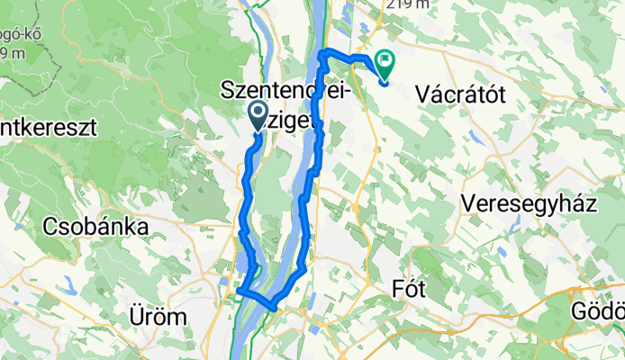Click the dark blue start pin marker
pyautogui.click(x=257, y=115)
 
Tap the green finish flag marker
pyautogui.click(x=385, y=64)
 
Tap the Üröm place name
pyautogui.click(x=158, y=317)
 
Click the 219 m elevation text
pyautogui.click(x=406, y=4)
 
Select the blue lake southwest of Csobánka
pyautogui.click(x=67, y=287)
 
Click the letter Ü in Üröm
pyautogui.click(x=134, y=317)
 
